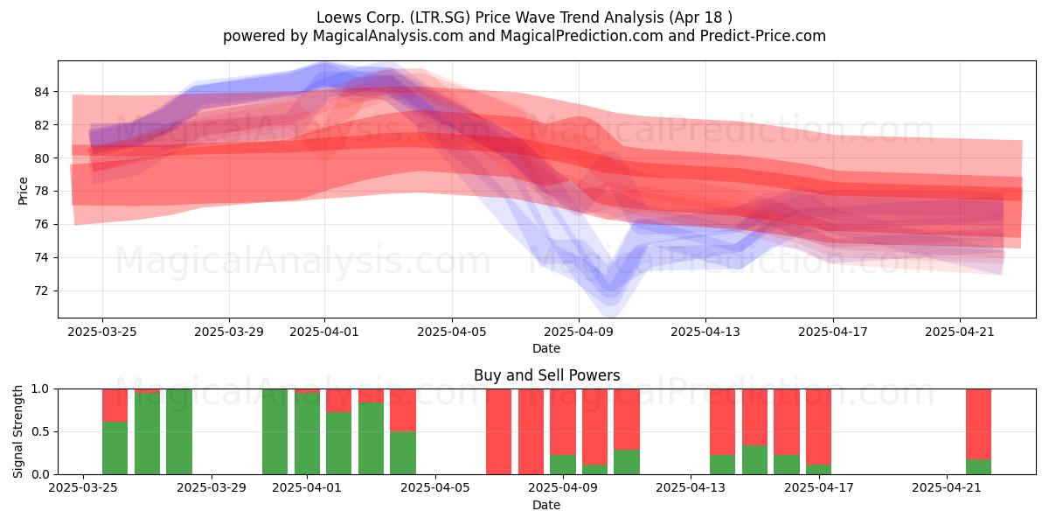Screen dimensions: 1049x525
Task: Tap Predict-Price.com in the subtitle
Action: tap(763, 36)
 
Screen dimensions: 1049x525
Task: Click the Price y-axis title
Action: tap(23, 191)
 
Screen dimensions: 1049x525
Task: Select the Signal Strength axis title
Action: tap(17, 431)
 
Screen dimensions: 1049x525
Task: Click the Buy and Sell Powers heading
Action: tap(546, 375)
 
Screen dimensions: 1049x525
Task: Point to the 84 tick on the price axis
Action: tap(42, 92)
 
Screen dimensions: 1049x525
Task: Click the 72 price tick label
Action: tap(42, 291)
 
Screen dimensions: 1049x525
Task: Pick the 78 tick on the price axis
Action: tap(42, 192)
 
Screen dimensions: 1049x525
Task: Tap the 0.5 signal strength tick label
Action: tap(40, 431)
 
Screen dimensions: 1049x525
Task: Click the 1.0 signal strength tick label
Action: tap(40, 389)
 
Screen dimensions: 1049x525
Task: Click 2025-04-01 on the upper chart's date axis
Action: tap(324, 332)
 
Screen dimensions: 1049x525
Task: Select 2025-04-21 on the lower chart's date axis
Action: tap(947, 488)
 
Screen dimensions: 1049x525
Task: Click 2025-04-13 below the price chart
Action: tap(705, 332)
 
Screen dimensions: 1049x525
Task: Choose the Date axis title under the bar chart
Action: tap(546, 505)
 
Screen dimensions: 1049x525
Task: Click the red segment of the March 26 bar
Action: tap(115, 405)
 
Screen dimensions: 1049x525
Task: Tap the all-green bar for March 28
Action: tap(179, 431)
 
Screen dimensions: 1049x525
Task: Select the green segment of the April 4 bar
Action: tap(403, 453)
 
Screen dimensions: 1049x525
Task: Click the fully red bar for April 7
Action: tap(499, 431)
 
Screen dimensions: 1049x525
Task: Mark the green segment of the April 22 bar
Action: tap(979, 467)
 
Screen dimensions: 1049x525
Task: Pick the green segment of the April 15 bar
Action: tap(755, 460)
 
